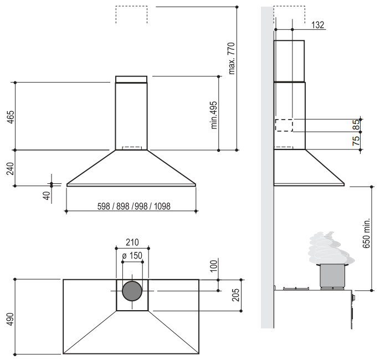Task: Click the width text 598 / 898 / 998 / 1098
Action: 131,206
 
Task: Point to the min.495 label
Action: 214,115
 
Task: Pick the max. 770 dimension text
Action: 232,58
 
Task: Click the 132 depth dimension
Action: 317,25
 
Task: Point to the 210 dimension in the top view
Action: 132,242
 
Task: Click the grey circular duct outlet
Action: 132,291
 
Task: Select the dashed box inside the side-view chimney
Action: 284,125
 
